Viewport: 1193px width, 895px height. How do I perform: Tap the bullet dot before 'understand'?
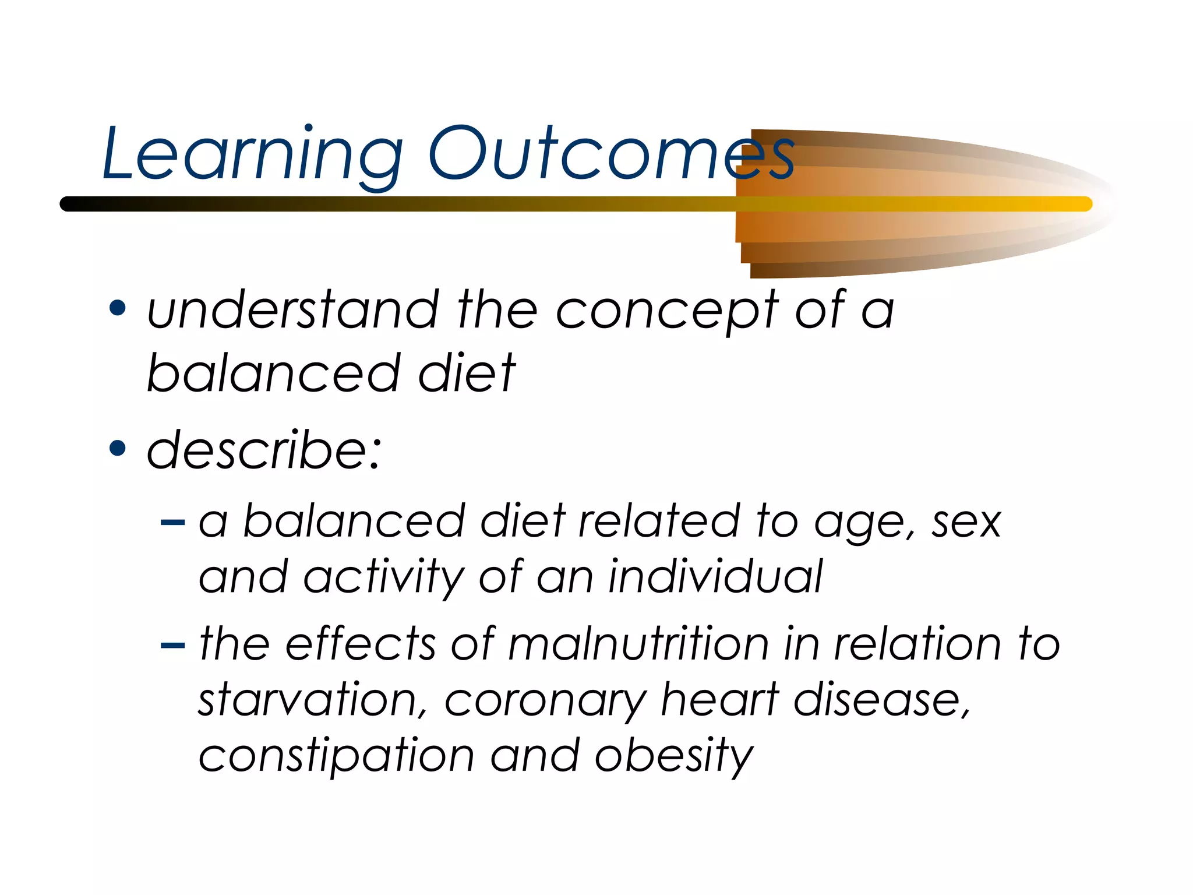click(x=118, y=309)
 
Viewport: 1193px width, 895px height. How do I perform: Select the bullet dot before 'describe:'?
click(x=118, y=448)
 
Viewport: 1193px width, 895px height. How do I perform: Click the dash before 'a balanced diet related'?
click(x=172, y=522)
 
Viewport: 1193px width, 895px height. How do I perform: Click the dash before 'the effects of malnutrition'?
click(x=172, y=645)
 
